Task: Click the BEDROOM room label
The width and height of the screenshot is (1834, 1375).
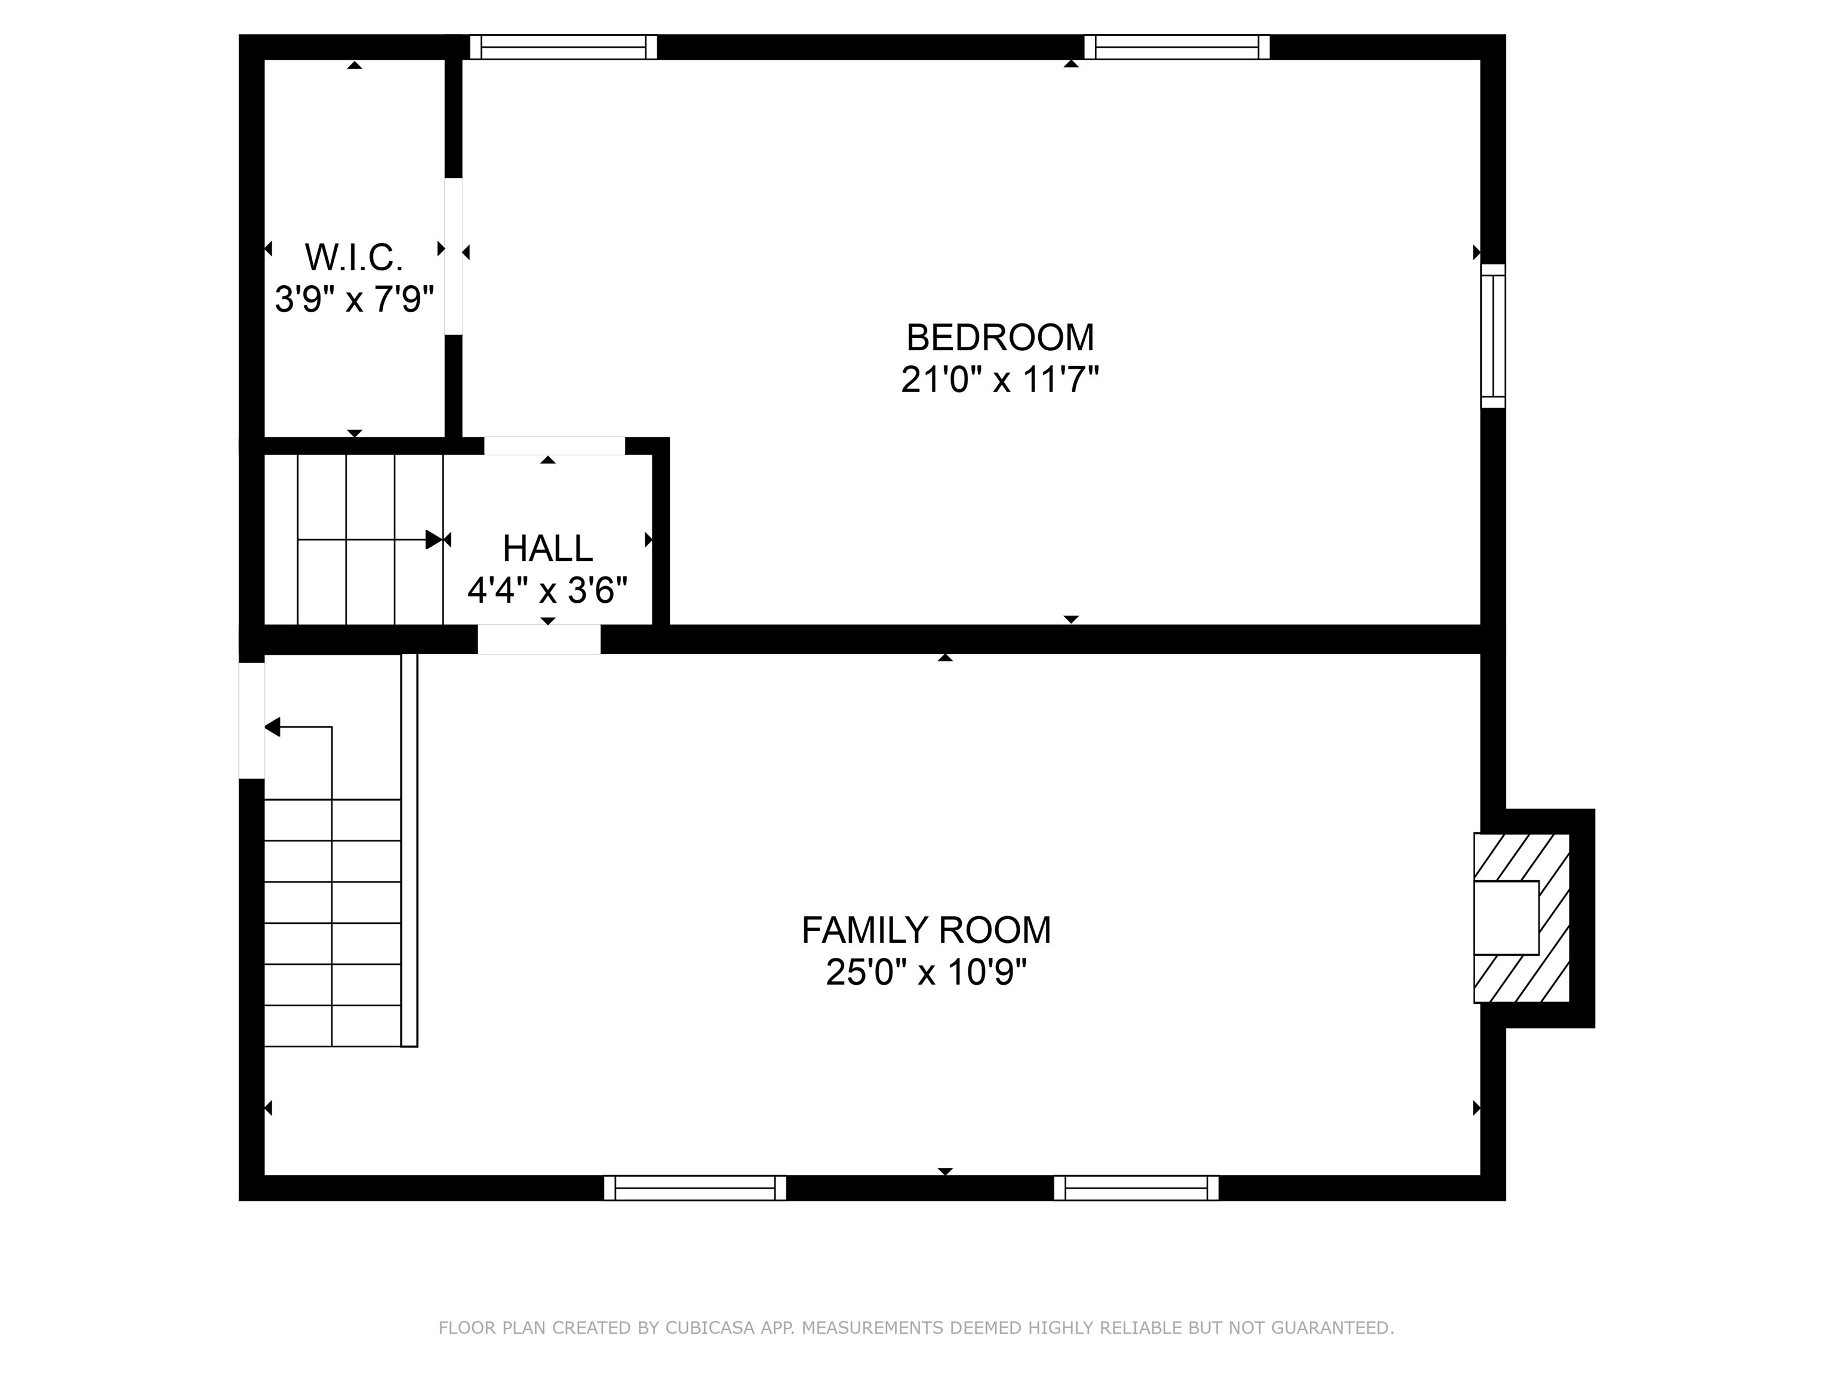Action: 1000,337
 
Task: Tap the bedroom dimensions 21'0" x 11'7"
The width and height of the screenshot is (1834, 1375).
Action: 1000,380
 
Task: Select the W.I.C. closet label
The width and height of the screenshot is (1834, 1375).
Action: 354,258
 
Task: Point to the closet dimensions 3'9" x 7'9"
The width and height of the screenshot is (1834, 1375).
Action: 354,299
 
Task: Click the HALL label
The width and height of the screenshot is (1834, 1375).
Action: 547,548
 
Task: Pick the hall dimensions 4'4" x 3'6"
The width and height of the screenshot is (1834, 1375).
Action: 547,591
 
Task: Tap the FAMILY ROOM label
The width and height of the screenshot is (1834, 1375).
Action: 926,930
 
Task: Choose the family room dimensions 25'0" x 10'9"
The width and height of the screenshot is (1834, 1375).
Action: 926,972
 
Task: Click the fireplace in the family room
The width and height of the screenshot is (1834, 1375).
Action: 1521,917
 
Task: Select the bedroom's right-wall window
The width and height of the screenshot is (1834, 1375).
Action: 1493,335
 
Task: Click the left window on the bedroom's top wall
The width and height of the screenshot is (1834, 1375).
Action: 564,47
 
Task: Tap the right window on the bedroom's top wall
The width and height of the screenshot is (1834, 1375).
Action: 1177,47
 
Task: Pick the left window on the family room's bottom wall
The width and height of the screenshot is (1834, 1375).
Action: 695,1188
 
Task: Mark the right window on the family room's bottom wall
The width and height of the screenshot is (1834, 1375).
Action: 1136,1188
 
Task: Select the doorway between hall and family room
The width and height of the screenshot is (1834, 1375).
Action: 539,639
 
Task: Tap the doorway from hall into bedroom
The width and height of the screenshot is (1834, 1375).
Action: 555,445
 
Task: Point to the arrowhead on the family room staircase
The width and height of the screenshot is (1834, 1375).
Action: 273,727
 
